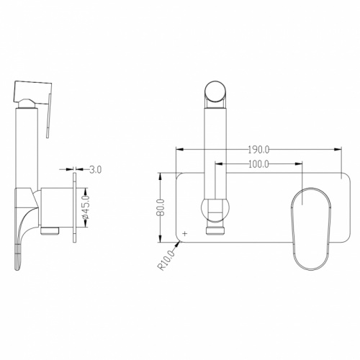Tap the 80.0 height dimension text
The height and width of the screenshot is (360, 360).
click(x=161, y=207)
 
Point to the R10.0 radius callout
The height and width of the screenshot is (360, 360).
click(x=165, y=260)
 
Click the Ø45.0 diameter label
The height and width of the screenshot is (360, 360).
click(x=86, y=207)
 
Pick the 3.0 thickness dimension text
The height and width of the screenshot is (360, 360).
click(x=96, y=169)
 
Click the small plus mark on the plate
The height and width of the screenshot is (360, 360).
click(x=185, y=233)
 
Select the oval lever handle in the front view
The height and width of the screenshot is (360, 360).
click(x=311, y=229)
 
